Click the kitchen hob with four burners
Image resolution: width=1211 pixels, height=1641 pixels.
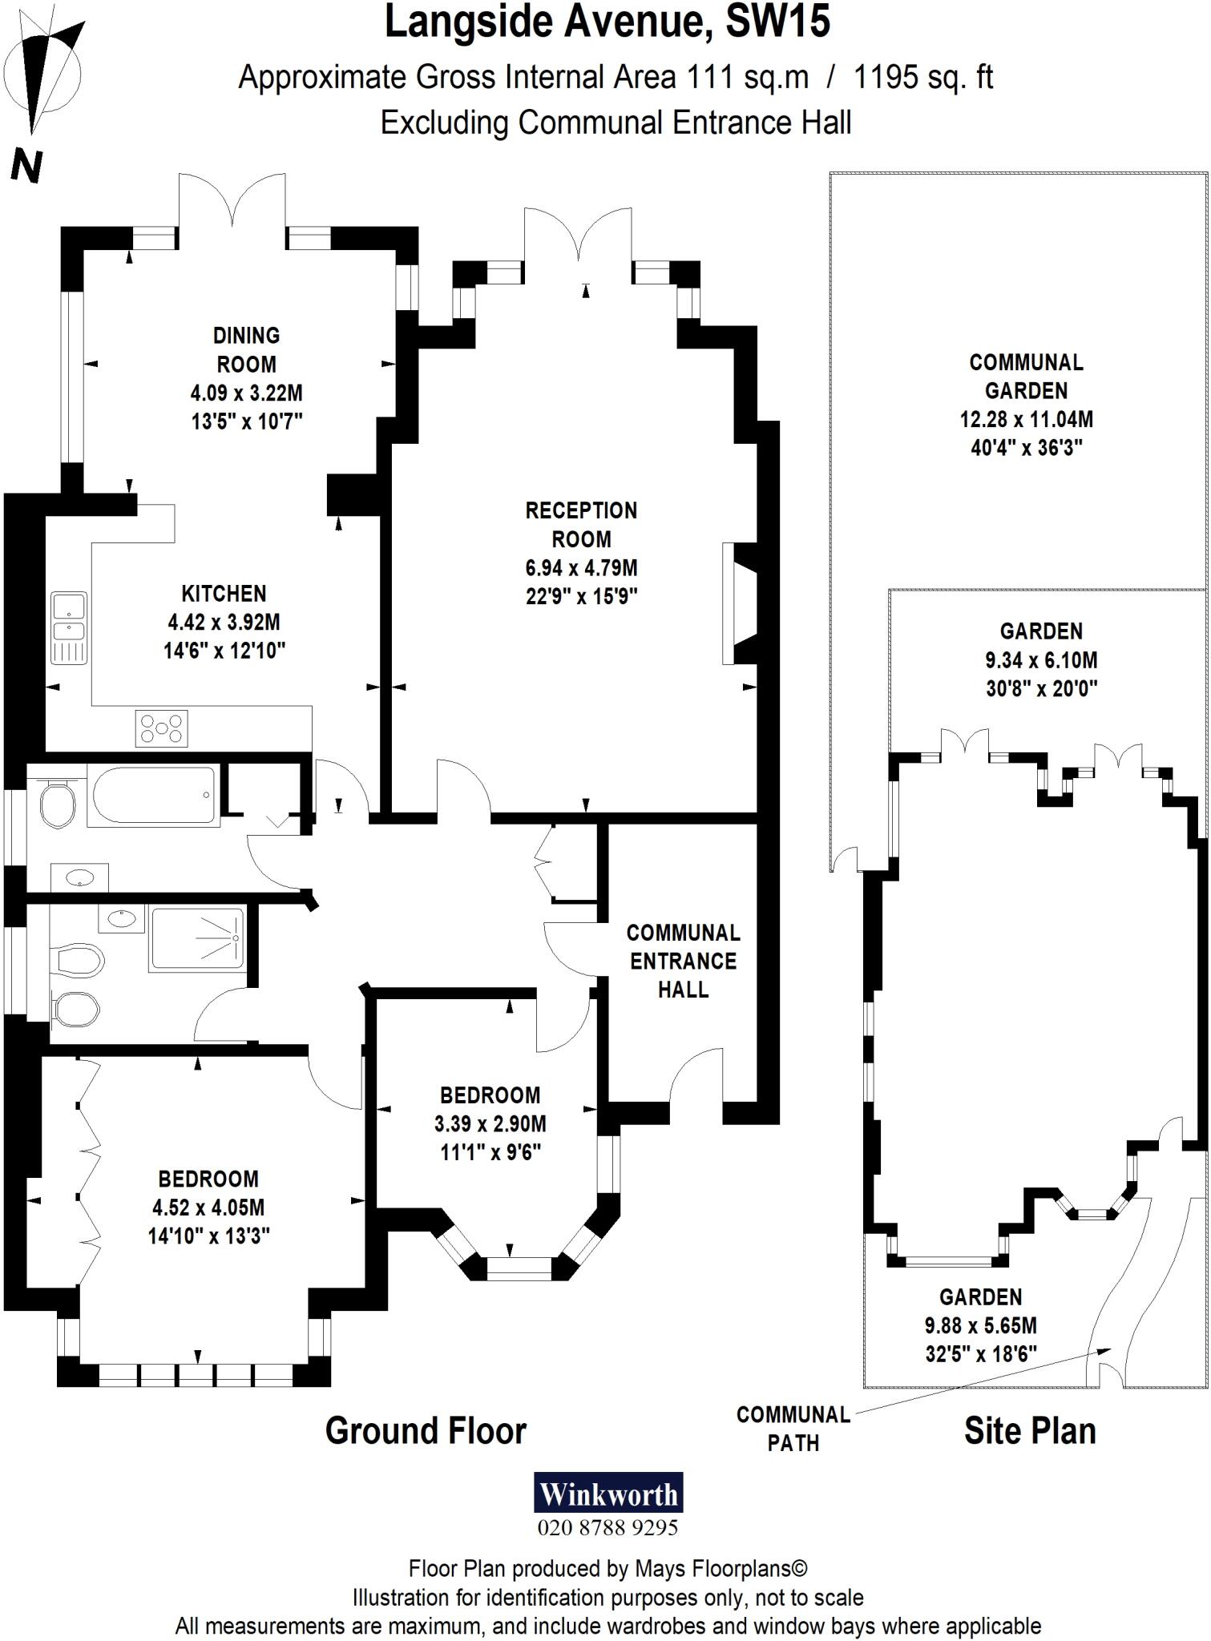click(163, 728)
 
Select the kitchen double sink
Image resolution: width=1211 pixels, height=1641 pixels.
click(69, 628)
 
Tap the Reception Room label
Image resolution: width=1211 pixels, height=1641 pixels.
click(581, 525)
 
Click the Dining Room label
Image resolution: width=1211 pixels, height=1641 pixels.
click(247, 350)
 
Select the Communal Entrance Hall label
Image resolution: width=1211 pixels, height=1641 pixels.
click(683, 961)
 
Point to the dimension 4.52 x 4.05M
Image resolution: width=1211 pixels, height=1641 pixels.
click(208, 1208)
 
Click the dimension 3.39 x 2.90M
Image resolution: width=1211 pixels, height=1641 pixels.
click(490, 1123)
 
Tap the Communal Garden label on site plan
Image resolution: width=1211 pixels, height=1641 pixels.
click(1026, 377)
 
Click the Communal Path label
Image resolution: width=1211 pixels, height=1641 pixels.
click(793, 1429)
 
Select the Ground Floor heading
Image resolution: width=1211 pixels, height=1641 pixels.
click(426, 1431)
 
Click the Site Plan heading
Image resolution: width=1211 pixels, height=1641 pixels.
click(1029, 1431)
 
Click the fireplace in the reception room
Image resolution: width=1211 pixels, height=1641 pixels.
click(739, 604)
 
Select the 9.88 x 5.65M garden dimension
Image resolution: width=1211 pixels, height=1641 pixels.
click(980, 1325)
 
